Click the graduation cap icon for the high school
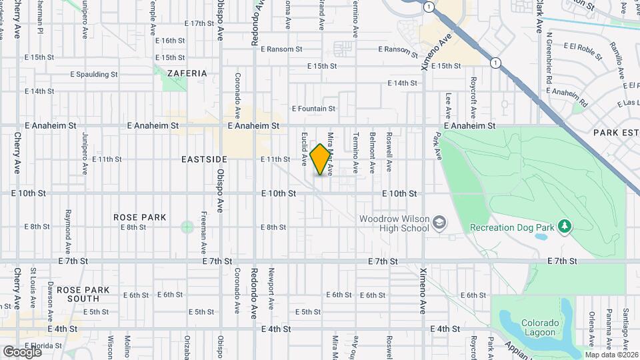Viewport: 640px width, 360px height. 439,221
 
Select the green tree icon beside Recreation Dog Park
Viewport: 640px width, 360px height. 565,227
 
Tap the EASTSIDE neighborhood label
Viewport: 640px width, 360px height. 204,159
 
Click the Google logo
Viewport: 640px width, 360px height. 22,351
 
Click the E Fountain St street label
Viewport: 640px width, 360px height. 313,109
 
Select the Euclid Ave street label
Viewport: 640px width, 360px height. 304,149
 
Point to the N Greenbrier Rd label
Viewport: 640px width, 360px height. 549,57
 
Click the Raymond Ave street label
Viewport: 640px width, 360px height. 68,225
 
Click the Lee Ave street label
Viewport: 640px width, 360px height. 448,104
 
